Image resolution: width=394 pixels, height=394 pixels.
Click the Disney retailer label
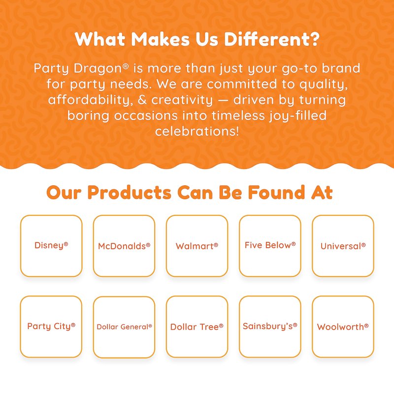pos(51,245)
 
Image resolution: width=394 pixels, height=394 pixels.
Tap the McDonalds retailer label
pos(124,246)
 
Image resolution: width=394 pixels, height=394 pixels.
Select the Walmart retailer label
pos(197,246)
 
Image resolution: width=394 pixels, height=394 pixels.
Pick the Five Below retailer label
pos(270,245)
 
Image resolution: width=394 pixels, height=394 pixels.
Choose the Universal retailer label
pos(343,246)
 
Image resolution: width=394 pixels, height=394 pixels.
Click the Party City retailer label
pos(51,326)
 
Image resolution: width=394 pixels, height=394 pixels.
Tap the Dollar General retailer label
pos(124,327)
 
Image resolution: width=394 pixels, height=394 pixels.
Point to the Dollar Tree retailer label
pos(197,327)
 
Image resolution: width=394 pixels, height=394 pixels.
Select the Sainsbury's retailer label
pos(270,326)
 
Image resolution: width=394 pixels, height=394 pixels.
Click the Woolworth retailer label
pos(343,327)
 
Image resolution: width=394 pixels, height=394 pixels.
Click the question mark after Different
pos(314,39)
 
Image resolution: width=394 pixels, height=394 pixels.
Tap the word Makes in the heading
pos(160,39)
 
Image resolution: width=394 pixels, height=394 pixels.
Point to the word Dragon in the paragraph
pos(98,68)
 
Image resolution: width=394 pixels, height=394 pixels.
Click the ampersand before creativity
pos(142,100)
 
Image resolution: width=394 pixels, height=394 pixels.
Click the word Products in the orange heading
pos(130,193)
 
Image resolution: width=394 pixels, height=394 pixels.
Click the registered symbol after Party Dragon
pos(126,66)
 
